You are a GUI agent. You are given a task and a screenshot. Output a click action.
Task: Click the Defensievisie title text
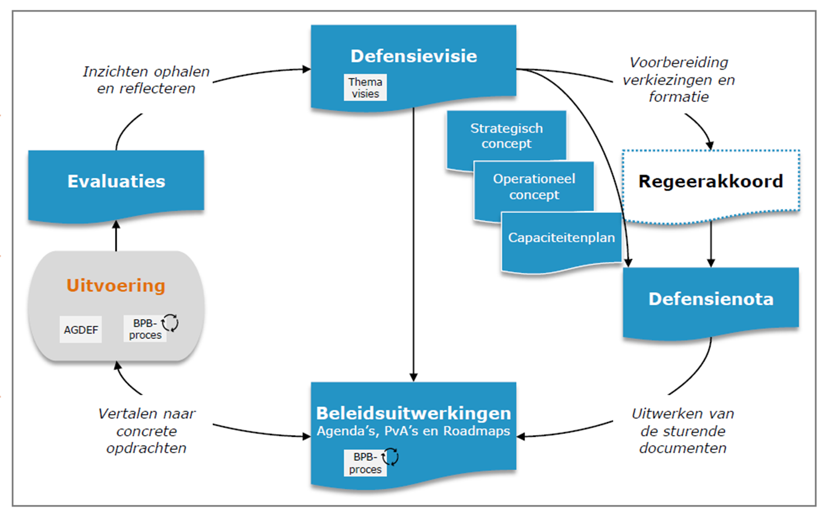coord(414,56)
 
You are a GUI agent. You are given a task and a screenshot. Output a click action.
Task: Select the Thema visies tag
coord(366,87)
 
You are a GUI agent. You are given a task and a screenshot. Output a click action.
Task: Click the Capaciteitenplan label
coord(562,237)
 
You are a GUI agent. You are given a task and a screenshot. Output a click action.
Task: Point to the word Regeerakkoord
coord(711,181)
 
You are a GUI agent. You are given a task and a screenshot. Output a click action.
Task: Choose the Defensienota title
coord(711,298)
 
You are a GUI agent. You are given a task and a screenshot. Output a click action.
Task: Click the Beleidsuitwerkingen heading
coord(414,413)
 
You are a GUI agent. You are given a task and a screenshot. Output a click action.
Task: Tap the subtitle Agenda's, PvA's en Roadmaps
coord(414,430)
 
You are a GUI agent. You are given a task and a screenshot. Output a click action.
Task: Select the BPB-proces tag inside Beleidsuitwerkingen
coord(366,463)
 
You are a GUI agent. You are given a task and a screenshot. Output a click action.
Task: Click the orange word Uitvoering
coord(116,285)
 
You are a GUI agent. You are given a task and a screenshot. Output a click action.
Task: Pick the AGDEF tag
coord(80,330)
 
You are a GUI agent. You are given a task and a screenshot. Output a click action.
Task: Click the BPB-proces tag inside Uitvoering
coord(145,329)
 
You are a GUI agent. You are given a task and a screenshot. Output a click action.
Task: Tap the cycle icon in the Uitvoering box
coord(170,322)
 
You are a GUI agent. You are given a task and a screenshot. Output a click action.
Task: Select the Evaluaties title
coord(116,181)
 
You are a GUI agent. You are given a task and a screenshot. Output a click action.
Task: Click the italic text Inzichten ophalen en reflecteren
coord(146,80)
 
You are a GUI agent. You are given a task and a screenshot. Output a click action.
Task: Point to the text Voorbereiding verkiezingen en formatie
coord(678,80)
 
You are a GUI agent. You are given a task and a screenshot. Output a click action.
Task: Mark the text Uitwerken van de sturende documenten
coord(683,430)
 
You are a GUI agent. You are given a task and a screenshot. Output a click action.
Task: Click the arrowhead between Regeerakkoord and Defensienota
coord(711,263)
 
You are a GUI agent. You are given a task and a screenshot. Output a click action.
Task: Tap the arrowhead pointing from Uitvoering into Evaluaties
coord(116,224)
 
